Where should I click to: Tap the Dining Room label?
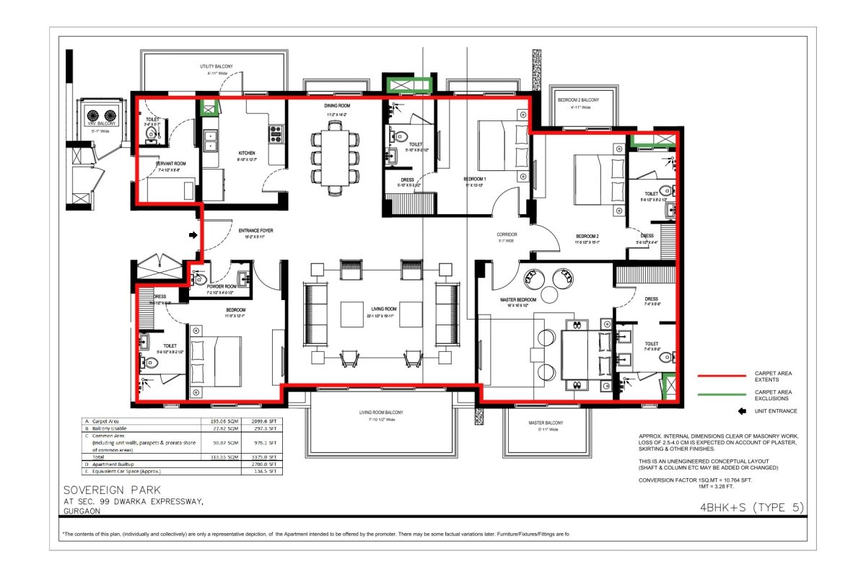click(336, 106)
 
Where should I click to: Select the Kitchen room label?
click(247, 154)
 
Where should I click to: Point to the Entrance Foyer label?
click(255, 231)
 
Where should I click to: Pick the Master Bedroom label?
click(518, 299)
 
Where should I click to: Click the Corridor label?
click(507, 234)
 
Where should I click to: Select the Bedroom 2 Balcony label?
click(579, 100)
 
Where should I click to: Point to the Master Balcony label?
click(545, 424)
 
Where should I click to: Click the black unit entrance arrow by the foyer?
click(193, 234)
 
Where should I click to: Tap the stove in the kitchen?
click(276, 133)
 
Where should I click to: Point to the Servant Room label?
click(171, 164)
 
